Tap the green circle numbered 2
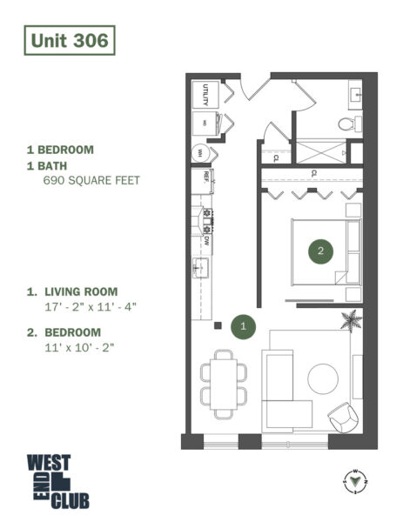click(321, 251)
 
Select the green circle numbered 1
click(245, 325)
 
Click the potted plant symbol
click(351, 321)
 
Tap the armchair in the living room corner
click(342, 418)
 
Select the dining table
click(224, 380)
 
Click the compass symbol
click(358, 478)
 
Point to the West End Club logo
click(57, 481)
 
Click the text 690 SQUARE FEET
click(91, 182)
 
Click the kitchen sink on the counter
click(198, 264)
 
